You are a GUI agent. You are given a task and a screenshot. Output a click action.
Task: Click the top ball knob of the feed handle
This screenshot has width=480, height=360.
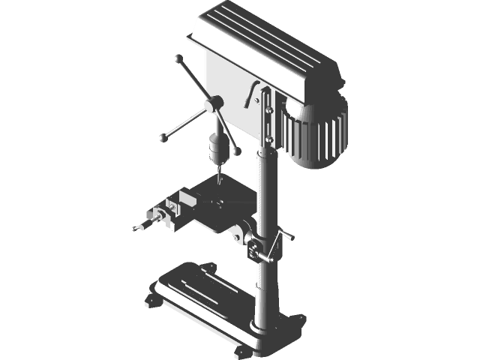pos(178,58)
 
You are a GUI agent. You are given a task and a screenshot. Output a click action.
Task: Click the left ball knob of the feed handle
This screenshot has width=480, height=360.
pos(162,137)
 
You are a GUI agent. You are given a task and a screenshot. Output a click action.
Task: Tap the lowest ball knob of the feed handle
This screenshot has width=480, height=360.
pos(237,152)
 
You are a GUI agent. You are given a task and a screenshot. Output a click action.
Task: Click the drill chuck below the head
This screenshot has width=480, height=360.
pos(217,147)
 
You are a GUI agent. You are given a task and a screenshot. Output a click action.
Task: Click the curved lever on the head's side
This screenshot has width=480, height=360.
pos(251,93)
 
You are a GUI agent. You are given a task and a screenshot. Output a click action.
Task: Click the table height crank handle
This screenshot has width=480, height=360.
pos(285,239)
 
